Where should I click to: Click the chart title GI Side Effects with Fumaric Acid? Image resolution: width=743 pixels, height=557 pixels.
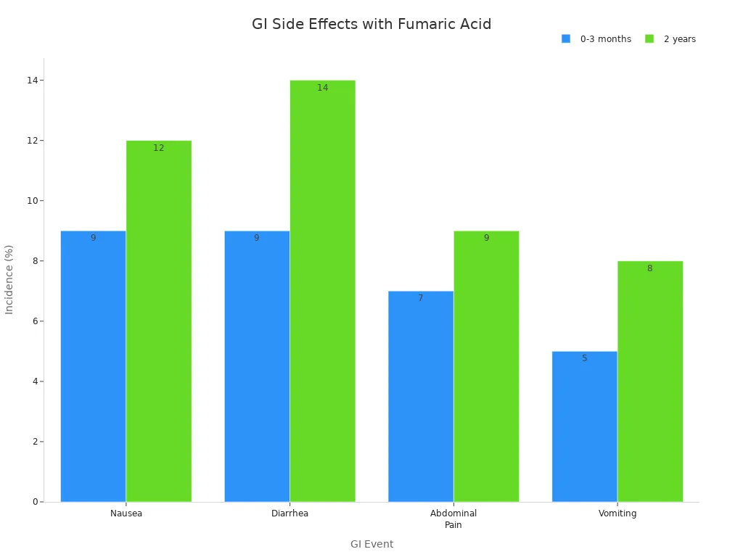tap(371, 25)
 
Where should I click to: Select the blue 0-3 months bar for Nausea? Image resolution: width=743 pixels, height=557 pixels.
tap(93, 366)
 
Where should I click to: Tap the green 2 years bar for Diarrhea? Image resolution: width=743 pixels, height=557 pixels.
tap(322, 291)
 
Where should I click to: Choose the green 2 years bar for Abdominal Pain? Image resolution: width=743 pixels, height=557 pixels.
tap(486, 366)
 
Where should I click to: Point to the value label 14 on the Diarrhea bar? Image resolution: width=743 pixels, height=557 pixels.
tap(322, 88)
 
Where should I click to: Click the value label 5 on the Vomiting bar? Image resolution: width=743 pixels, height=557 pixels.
tap(584, 358)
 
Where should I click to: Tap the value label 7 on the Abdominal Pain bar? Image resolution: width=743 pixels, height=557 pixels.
tap(420, 298)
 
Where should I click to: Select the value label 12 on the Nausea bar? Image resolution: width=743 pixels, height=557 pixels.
tap(158, 148)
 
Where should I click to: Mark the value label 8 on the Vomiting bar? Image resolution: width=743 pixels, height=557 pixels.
tap(649, 268)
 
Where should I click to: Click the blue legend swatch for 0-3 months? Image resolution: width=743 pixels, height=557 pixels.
tap(566, 39)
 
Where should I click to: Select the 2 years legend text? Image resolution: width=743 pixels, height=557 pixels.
tap(679, 39)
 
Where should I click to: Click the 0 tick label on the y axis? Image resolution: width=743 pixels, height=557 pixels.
tap(35, 502)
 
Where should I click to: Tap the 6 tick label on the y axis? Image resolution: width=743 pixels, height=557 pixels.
tap(35, 321)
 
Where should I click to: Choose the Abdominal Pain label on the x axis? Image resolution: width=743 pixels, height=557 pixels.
tap(453, 519)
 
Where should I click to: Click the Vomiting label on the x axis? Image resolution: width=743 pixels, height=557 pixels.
tap(617, 513)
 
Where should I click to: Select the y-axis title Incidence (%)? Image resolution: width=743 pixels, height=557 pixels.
tap(9, 279)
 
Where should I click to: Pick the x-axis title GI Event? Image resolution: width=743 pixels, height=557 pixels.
tap(371, 544)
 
